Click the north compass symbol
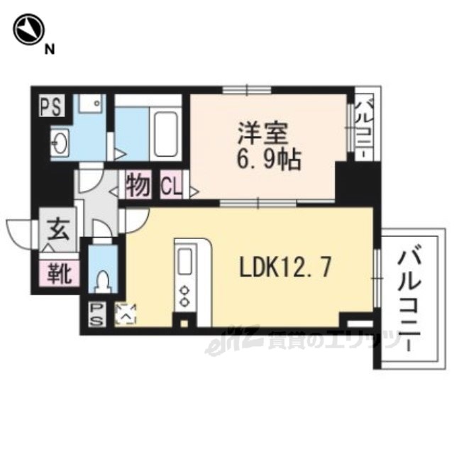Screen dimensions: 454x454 point(28,29)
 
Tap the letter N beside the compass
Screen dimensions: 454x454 point(50,50)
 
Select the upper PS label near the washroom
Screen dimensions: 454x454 point(51,106)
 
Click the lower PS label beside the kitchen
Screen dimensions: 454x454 point(96,314)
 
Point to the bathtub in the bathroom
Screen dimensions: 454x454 point(165,134)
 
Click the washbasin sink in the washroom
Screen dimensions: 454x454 point(60,143)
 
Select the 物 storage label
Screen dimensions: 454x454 point(138,184)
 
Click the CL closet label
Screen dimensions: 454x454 point(171,185)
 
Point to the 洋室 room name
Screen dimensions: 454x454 point(263,134)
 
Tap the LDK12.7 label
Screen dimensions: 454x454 point(285,267)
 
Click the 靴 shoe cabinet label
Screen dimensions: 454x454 point(60,272)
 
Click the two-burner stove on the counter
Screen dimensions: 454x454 point(184,295)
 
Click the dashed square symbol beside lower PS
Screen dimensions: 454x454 point(126,314)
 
